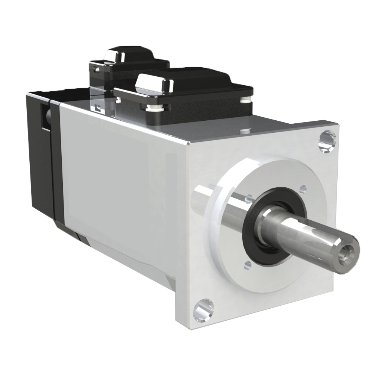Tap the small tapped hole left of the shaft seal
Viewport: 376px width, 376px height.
tap(247, 197)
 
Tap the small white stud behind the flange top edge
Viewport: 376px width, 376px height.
tap(246, 130)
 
